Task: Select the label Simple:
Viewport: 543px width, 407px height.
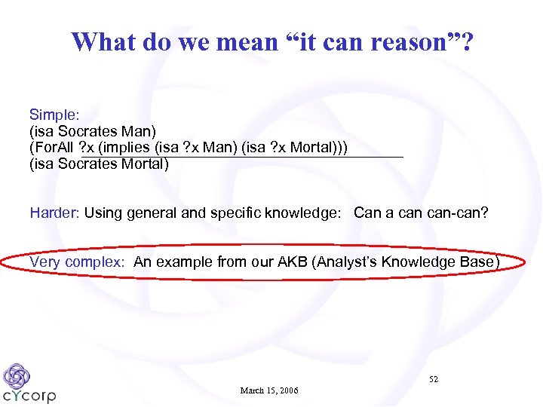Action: [54, 115]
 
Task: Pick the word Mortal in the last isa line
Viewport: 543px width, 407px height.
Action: [145, 164]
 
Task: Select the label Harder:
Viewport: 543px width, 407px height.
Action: [54, 213]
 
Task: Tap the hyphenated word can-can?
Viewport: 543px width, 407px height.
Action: [457, 213]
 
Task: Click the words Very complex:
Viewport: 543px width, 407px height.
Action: [77, 262]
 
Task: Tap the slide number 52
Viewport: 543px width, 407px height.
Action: [433, 379]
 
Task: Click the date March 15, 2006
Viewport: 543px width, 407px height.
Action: [269, 390]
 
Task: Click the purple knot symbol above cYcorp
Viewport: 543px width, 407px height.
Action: [17, 375]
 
